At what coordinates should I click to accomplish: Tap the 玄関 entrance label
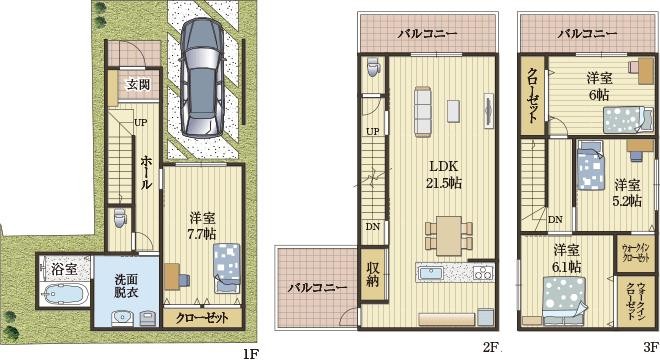pyautogui.click(x=138, y=85)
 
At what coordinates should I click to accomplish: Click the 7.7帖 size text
pyautogui.click(x=203, y=233)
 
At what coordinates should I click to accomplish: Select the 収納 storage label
pyautogui.click(x=372, y=274)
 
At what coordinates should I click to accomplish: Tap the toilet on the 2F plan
pyautogui.click(x=373, y=69)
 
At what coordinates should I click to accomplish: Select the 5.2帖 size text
pyautogui.click(x=625, y=199)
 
